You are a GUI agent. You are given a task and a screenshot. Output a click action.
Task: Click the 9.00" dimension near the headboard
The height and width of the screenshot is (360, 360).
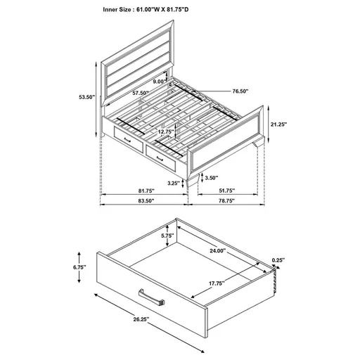(158, 82)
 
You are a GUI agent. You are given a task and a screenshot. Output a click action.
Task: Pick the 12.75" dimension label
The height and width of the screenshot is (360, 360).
(167, 131)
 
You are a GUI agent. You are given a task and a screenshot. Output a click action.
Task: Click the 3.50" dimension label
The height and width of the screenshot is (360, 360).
(210, 179)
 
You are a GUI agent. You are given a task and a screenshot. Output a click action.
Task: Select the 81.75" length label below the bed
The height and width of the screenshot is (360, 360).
(145, 191)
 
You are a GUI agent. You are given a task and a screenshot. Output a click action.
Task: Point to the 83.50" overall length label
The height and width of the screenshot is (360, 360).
(145, 202)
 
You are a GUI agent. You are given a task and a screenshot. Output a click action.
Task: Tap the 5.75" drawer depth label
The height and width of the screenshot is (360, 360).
(167, 236)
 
